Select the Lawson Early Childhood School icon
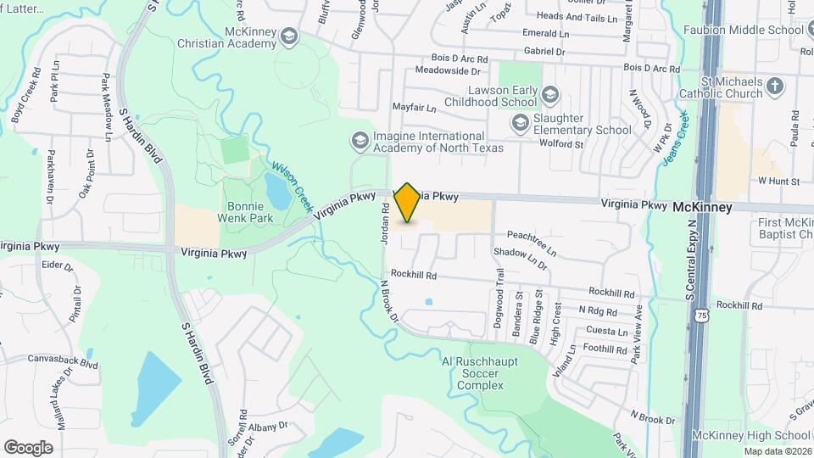pos(550,93)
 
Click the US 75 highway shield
pos(701,316)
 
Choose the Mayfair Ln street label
pos(413,109)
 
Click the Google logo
pos(29,447)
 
